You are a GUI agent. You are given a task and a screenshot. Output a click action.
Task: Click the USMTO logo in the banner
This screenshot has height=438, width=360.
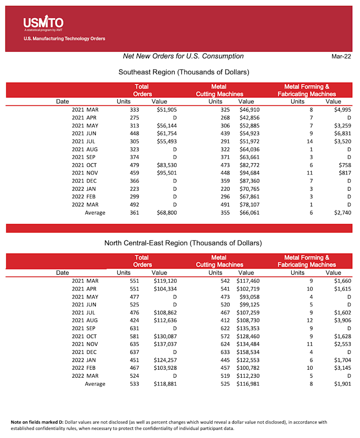point(43,22)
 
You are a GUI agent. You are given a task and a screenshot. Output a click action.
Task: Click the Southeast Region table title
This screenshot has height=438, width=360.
point(184,72)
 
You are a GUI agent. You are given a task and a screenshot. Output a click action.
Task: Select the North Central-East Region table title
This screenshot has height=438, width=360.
point(183,243)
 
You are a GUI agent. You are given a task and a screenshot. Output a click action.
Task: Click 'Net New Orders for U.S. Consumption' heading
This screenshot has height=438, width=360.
point(183,56)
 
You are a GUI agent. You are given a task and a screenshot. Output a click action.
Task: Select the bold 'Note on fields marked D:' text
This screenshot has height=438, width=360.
point(37,422)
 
